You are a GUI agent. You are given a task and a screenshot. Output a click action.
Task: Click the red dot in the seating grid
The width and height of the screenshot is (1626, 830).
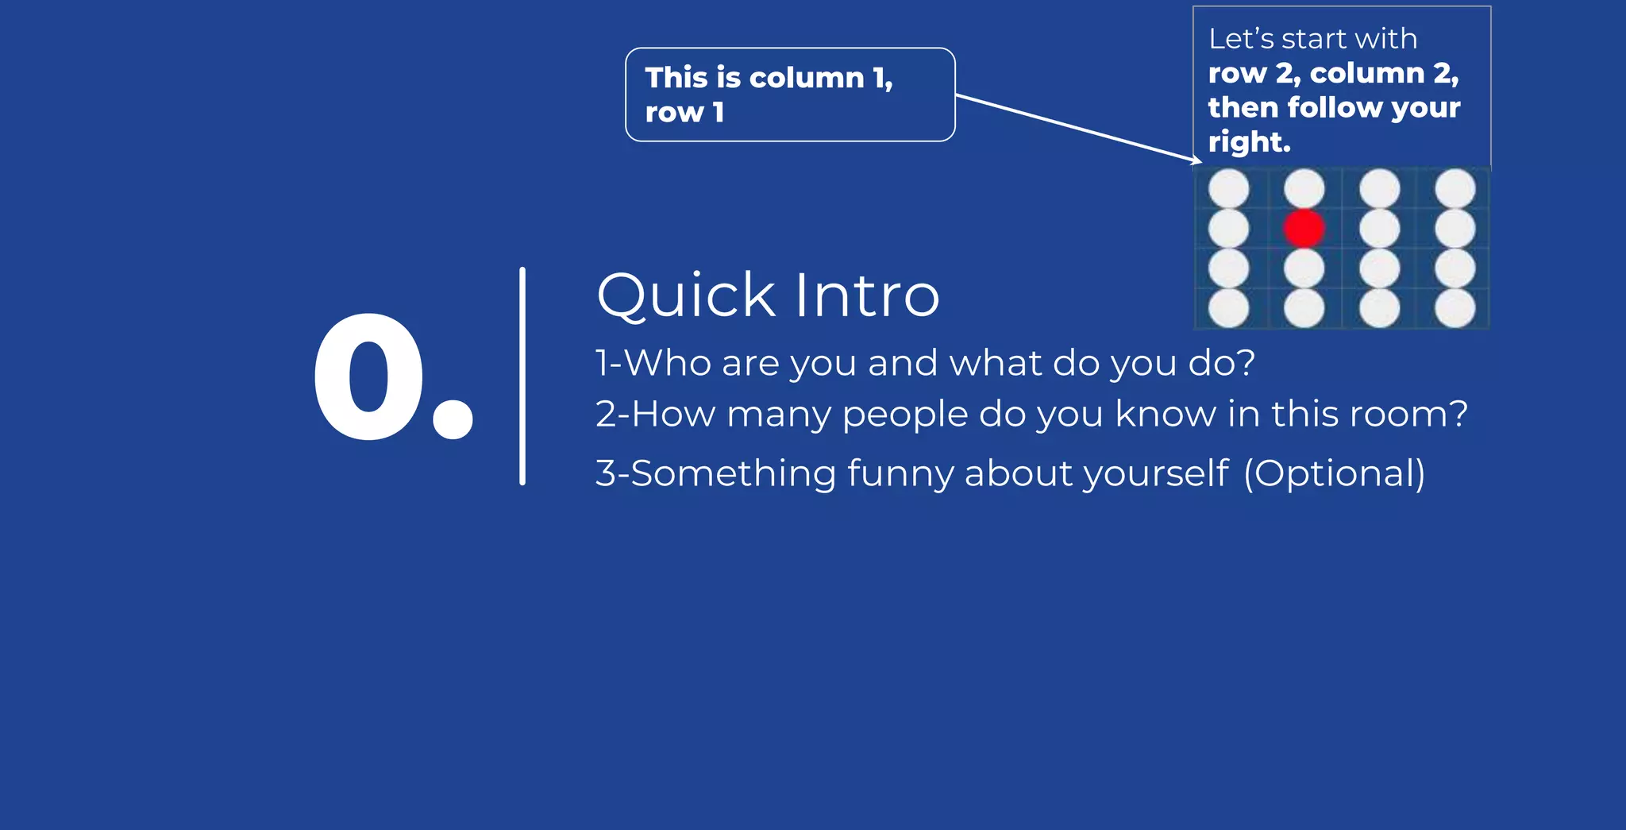1304,229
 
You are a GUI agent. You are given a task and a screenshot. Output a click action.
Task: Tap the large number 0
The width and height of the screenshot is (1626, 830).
369,376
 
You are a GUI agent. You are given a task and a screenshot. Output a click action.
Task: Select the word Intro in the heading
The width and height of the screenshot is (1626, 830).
867,295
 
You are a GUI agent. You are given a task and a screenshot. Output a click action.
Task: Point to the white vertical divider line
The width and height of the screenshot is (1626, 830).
522,376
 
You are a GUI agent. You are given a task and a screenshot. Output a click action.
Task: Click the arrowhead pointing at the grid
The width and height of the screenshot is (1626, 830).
1197,160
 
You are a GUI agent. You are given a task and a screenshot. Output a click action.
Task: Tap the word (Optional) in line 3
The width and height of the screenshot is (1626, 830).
1335,473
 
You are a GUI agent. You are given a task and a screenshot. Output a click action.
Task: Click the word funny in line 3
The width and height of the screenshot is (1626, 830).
900,473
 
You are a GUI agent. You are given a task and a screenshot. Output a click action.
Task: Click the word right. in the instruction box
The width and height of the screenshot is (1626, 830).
1249,142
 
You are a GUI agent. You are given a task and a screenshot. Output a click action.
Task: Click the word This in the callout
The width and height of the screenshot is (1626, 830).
676,78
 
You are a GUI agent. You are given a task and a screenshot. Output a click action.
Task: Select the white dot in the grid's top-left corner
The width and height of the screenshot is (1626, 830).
1228,189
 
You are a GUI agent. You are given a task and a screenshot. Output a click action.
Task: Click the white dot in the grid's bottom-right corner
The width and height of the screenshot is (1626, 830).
1455,308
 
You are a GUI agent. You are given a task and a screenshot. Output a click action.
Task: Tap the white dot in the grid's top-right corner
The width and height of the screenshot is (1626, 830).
1455,189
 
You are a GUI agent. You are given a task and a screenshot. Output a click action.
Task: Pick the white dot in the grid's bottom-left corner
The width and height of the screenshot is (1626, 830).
1228,308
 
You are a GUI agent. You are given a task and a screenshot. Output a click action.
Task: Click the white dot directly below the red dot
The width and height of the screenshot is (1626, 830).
1304,268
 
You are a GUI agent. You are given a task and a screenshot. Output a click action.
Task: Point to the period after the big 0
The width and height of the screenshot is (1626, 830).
453,419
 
